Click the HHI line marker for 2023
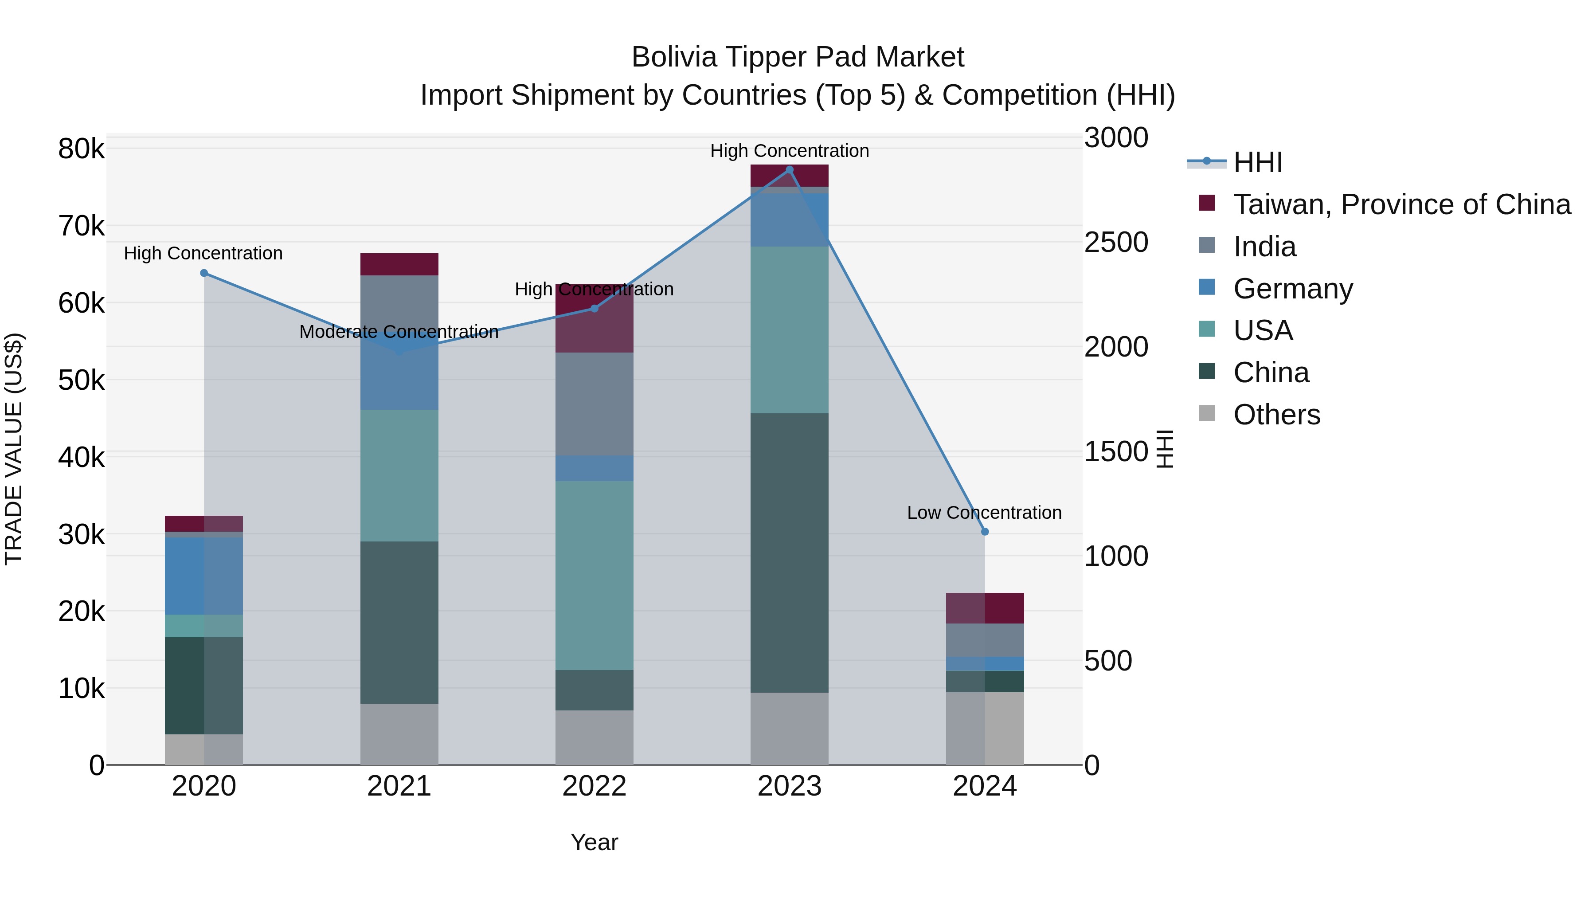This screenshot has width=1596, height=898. point(789,170)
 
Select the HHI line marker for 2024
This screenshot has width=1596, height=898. point(985,532)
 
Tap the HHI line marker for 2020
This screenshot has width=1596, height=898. point(204,273)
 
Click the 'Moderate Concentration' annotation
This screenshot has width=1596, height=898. point(399,332)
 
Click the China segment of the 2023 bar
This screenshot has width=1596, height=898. point(789,553)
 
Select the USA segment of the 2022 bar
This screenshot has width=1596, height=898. point(594,575)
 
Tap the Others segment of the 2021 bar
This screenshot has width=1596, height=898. point(399,734)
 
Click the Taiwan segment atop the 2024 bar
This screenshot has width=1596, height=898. point(985,608)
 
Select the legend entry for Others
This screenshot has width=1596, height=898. point(1276,415)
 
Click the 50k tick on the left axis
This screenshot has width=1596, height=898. point(81,380)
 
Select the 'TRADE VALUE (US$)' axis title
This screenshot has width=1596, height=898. point(14,449)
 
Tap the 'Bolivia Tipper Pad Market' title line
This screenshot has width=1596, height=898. point(798,57)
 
